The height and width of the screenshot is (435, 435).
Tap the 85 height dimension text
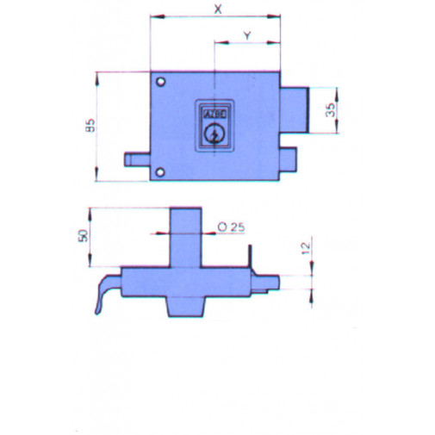[x=90, y=126]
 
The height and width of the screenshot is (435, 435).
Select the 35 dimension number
[x=330, y=110]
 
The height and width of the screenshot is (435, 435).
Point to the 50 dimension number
[x=84, y=236]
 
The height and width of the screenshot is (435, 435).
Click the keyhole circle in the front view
[x=213, y=134]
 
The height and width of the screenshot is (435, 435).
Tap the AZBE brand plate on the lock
[x=213, y=113]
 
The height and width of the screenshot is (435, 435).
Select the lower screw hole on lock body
[x=160, y=173]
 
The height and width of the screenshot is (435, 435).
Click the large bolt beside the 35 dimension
[x=295, y=110]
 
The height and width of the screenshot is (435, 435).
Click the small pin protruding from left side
[x=139, y=159]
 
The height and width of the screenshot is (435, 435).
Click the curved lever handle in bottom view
[x=103, y=295]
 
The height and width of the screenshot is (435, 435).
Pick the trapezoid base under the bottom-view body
[x=186, y=307]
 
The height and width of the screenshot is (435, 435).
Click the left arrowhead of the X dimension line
[x=153, y=16]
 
